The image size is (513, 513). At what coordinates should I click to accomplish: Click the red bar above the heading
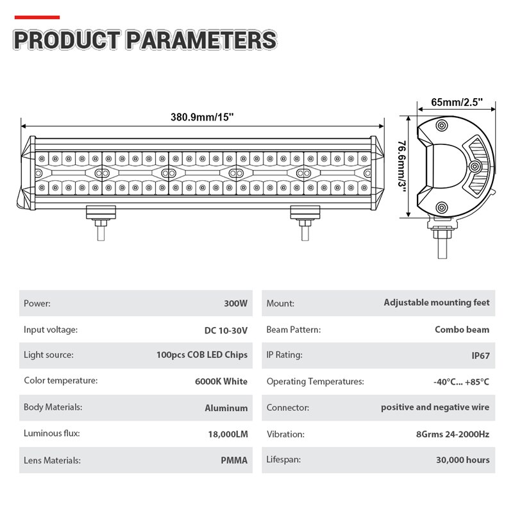pyautogui.click(x=37, y=17)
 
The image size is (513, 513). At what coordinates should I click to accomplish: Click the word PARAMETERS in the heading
pyautogui.click(x=201, y=40)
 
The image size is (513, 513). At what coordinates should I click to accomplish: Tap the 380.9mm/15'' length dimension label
pyautogui.click(x=202, y=117)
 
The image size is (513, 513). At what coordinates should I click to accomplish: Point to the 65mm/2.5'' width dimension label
pyautogui.click(x=457, y=102)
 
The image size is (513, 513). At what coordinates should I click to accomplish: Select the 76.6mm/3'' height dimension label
pyautogui.click(x=402, y=166)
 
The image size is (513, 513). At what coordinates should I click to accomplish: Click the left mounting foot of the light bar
pyautogui.click(x=101, y=223)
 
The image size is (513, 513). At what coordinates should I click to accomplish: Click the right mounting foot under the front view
pyautogui.click(x=305, y=223)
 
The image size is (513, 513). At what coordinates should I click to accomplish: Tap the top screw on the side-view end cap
pyautogui.click(x=442, y=125)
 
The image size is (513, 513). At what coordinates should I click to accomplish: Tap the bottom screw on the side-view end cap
pyautogui.click(x=442, y=207)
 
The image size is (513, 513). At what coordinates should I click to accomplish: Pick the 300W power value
pyautogui.click(x=235, y=303)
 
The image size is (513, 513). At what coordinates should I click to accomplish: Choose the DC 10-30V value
pyautogui.click(x=226, y=330)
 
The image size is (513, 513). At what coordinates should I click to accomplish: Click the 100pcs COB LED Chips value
pyautogui.click(x=202, y=355)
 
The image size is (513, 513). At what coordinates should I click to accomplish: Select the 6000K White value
pyautogui.click(x=221, y=382)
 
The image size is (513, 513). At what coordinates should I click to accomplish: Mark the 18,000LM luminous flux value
pyautogui.click(x=228, y=434)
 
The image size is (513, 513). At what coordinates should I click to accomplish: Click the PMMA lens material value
pyautogui.click(x=234, y=460)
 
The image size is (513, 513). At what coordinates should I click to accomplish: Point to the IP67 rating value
pyautogui.click(x=480, y=356)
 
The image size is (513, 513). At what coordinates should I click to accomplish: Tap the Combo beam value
pyautogui.click(x=462, y=330)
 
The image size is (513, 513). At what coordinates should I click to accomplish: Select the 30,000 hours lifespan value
pyautogui.click(x=463, y=460)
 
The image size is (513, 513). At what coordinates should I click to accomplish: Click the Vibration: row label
pyautogui.click(x=285, y=434)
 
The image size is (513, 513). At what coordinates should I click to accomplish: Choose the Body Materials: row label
pyautogui.click(x=53, y=407)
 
